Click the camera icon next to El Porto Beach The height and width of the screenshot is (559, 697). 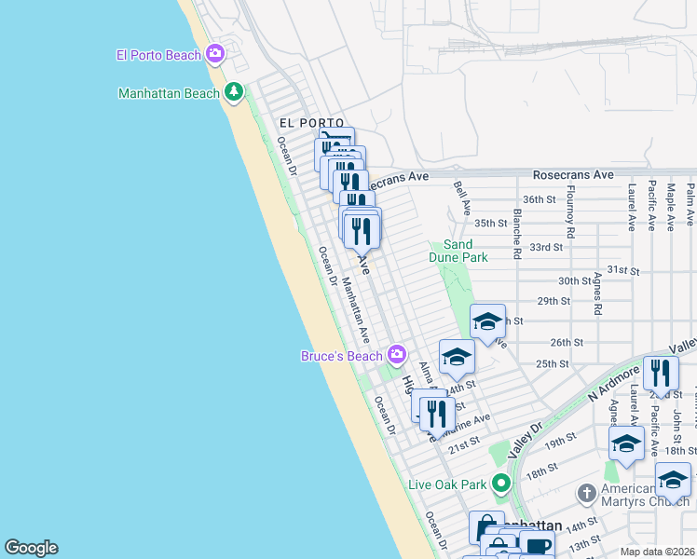tap(215, 54)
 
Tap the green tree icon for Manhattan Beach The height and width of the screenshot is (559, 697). tap(233, 92)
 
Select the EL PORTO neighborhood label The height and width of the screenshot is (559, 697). tap(311, 123)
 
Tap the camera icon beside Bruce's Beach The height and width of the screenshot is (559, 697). tap(397, 355)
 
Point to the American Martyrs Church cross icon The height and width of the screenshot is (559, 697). tap(586, 491)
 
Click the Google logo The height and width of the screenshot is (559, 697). tap(31, 548)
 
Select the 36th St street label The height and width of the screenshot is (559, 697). tap(539, 199)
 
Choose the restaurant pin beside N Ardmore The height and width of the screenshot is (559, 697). tap(661, 373)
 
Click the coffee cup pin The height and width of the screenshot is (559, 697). tap(536, 547)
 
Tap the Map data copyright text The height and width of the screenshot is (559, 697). tap(656, 552)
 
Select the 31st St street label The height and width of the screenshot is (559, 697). tap(622, 269)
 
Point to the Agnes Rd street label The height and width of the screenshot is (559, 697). tap(597, 294)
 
